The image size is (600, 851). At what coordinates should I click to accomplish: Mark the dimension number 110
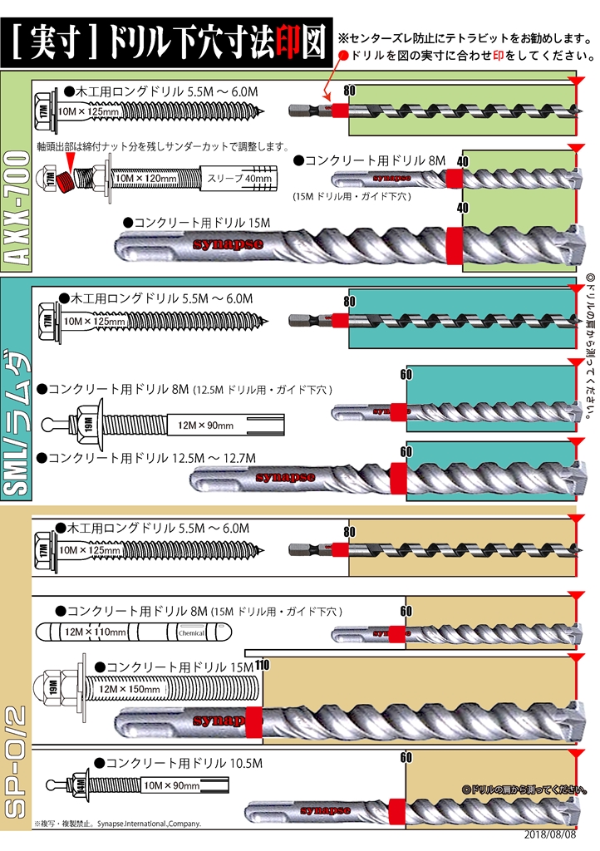(263, 664)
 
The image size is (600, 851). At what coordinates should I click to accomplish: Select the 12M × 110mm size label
(96, 632)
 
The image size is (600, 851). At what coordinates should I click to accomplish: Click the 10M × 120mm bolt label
(146, 178)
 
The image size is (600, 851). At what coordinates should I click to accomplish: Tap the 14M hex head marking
(81, 785)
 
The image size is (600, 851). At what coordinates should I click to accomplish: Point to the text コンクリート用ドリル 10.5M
(179, 762)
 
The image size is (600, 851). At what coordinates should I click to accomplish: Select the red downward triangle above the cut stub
(71, 157)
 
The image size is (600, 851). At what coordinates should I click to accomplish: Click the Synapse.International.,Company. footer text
(149, 824)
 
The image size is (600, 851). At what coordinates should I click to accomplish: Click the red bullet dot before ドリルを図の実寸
(344, 56)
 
